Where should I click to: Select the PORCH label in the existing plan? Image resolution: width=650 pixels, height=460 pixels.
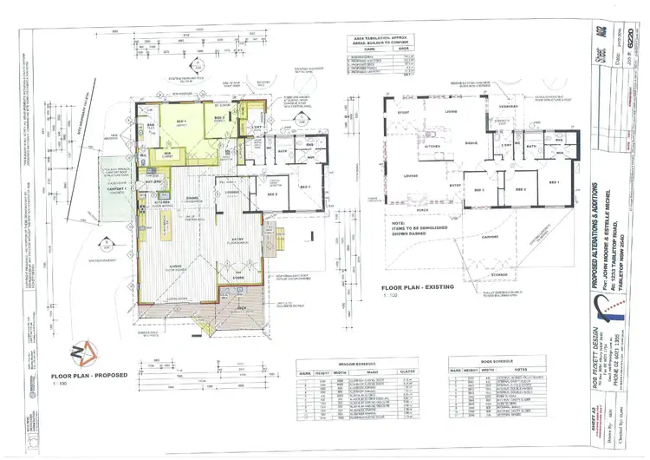click(x=424, y=209)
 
